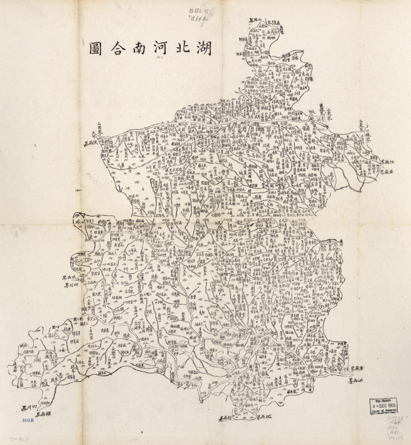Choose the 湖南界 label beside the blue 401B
click(43, 414)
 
